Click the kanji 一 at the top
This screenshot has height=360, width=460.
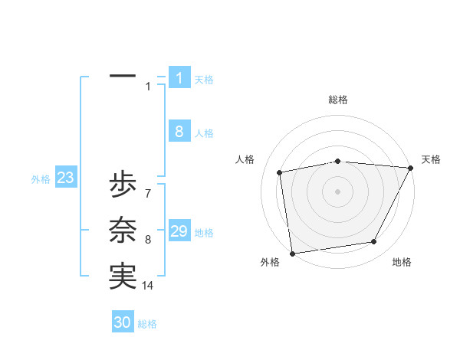coord(123,77)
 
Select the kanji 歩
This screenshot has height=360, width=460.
coord(123,185)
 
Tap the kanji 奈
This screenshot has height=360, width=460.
coord(123,231)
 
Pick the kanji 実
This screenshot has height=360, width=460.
coord(123,277)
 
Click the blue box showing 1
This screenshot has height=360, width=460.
coord(179,77)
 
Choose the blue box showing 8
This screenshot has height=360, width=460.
coord(179,132)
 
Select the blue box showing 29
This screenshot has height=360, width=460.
coord(179,231)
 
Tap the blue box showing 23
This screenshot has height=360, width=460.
coord(66,178)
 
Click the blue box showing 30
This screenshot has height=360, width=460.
coord(123,322)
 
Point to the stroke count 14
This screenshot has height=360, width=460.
coord(148,286)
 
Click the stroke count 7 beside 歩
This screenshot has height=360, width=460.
coord(147,193)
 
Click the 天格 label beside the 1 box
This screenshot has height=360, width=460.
coord(204,79)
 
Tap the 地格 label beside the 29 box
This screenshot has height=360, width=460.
coord(205,233)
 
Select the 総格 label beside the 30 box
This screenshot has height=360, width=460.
coord(147,324)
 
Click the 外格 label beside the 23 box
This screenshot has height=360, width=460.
coord(41,179)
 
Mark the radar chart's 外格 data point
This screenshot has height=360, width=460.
coord(293,253)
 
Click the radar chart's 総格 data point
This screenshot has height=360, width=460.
coord(338,161)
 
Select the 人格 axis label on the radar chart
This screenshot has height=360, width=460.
coord(245,159)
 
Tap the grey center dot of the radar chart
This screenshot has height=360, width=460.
coord(338,191)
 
